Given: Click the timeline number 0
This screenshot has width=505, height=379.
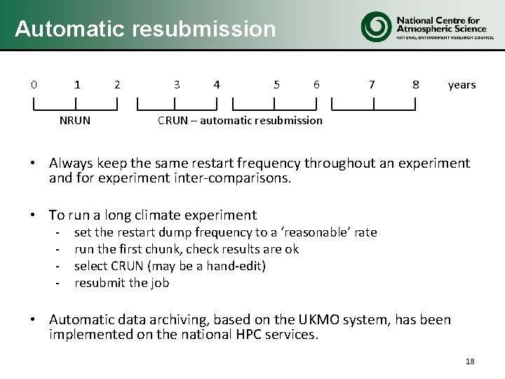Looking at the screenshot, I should coord(34,85).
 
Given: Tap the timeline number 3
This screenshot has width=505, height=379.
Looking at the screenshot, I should coord(177,85).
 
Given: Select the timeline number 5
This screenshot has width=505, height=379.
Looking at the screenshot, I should coord(277,85).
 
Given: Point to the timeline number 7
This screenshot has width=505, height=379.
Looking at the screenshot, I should coord(372,85).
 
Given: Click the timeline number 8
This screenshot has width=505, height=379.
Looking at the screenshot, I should coord(416,85).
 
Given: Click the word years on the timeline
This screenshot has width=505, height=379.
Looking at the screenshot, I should coord(462,85).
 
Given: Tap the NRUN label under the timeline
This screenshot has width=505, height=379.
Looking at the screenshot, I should coord(74,120).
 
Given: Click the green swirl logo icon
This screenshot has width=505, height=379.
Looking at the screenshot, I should coord(375,27).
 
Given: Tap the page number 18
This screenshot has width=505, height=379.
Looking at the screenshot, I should coord(470,361).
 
